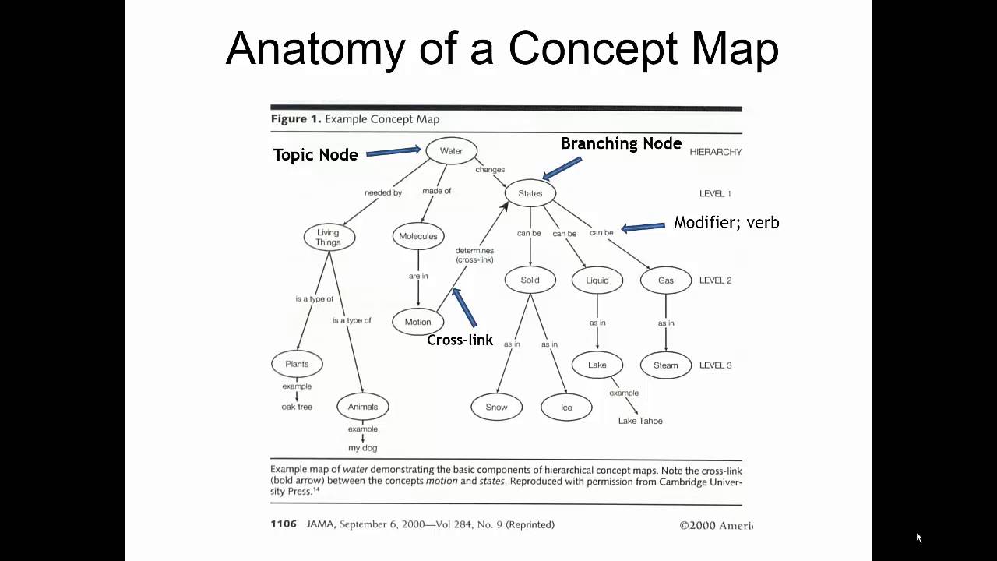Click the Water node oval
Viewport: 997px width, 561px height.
tap(451, 151)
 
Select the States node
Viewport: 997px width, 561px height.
tap(530, 193)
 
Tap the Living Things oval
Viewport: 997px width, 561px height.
tap(328, 237)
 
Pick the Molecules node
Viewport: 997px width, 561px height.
tap(418, 236)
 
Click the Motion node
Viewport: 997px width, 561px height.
tap(417, 322)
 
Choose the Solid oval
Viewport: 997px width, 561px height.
tap(530, 280)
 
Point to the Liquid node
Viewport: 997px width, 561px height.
tap(597, 280)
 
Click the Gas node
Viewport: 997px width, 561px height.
tap(665, 280)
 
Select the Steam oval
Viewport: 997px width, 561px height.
tap(665, 365)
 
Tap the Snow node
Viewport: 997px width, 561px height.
tap(496, 407)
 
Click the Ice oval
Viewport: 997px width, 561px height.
tap(566, 408)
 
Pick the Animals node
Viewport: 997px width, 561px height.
tap(363, 407)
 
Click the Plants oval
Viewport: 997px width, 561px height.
tap(297, 364)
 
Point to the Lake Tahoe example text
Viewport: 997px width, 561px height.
tap(640, 421)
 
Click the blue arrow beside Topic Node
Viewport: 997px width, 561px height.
tap(393, 152)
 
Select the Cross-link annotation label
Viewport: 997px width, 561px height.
tap(460, 340)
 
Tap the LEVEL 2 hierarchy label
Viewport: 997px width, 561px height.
tap(715, 280)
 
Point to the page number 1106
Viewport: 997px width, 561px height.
tap(284, 524)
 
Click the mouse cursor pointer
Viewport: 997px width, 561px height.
tap(919, 538)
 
